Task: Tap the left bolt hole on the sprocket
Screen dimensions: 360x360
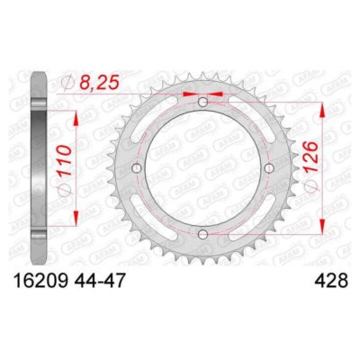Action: tap(137, 170)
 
